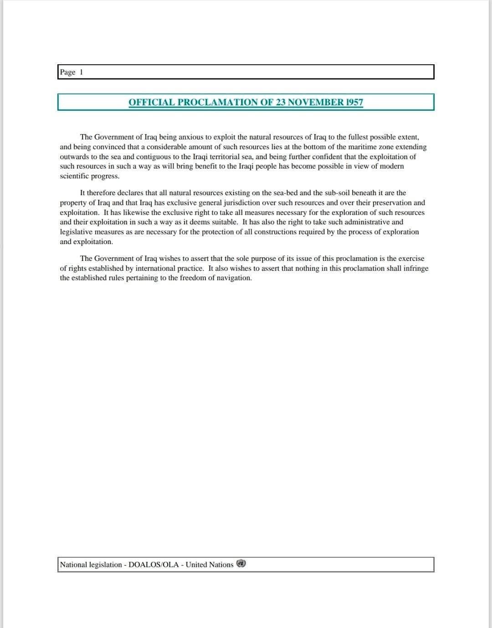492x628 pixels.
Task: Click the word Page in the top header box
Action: (67, 72)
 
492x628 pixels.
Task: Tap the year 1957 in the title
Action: (354, 102)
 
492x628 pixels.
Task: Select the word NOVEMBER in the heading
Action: (315, 102)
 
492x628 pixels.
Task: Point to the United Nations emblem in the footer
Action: (241, 564)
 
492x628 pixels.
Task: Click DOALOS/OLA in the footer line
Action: (154, 565)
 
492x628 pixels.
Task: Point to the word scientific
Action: (74, 176)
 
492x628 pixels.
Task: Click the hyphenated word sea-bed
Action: (285, 193)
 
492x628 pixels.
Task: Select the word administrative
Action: (367, 222)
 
